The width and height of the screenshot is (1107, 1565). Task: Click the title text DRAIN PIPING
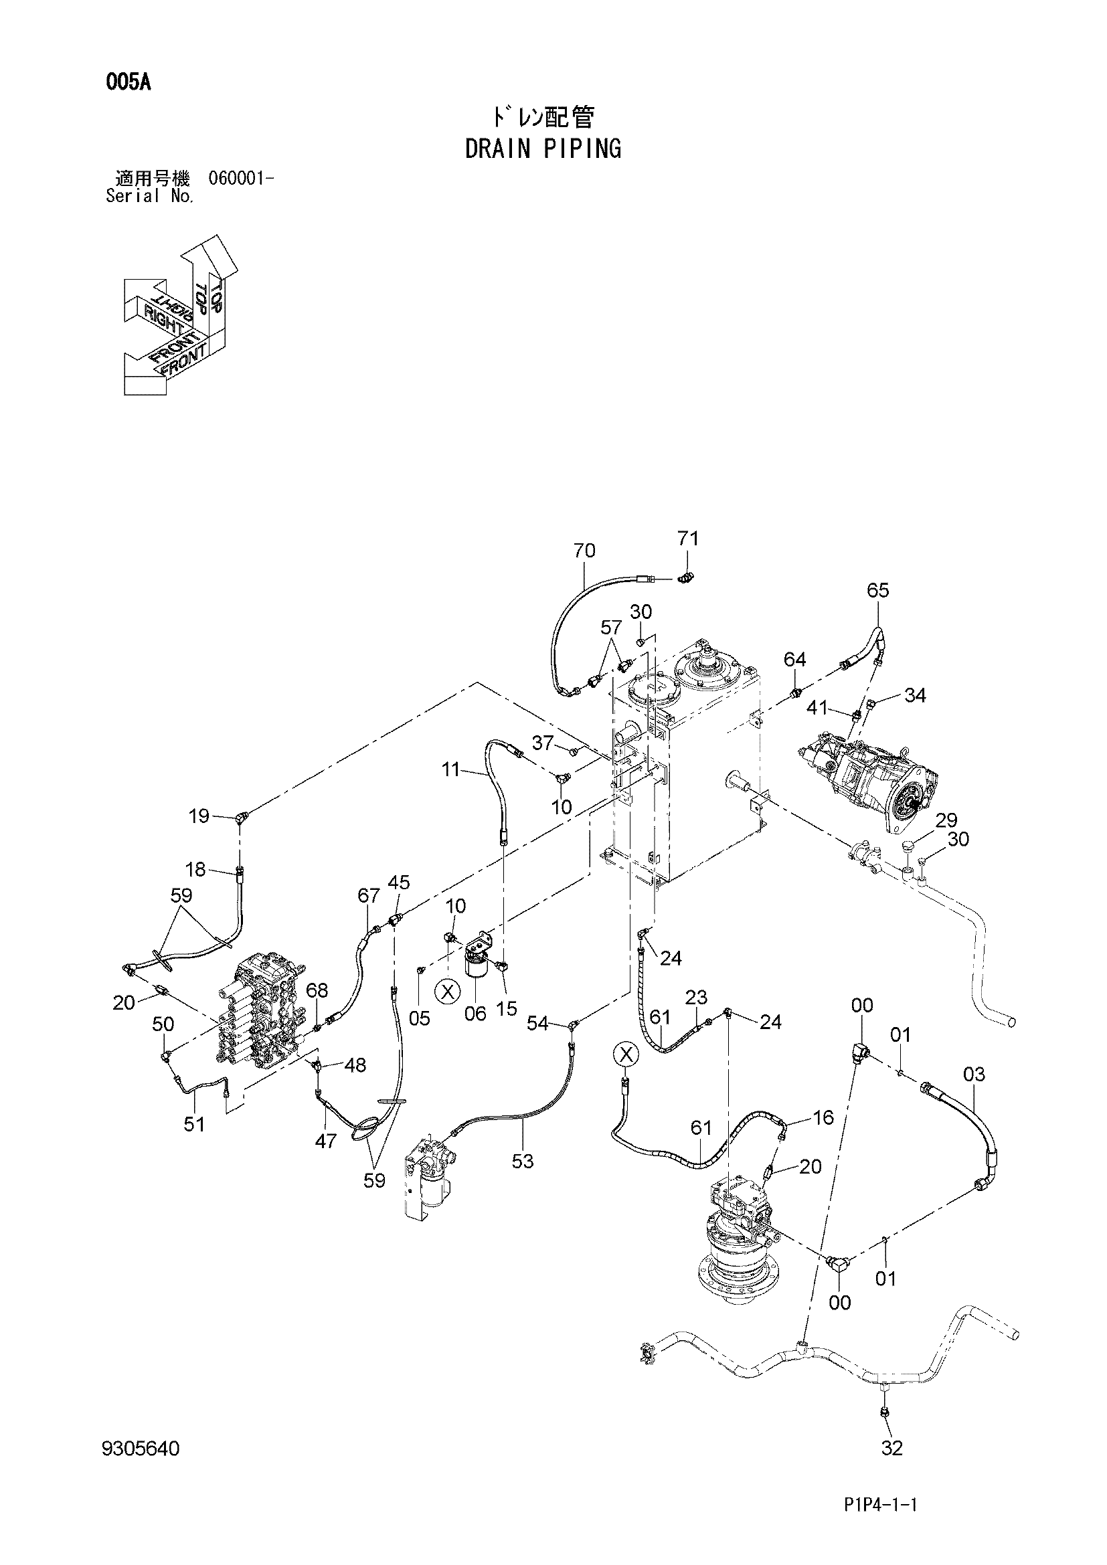pos(543,149)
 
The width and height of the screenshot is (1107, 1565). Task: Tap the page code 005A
pos(128,83)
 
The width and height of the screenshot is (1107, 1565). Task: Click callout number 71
pos(688,539)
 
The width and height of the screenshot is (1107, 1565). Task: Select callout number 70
pos(585,550)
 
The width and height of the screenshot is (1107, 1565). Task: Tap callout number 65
pos(878,590)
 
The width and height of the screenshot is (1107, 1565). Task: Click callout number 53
pos(523,1161)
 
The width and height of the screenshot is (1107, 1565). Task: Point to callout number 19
pos(199,815)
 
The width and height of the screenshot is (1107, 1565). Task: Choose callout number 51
pos(195,1123)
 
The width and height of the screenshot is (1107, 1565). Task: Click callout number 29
pos(947,820)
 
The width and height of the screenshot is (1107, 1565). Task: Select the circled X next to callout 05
pos(448,991)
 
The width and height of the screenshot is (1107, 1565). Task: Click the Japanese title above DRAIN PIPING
pos(543,118)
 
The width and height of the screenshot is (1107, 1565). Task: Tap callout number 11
pos(450,771)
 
